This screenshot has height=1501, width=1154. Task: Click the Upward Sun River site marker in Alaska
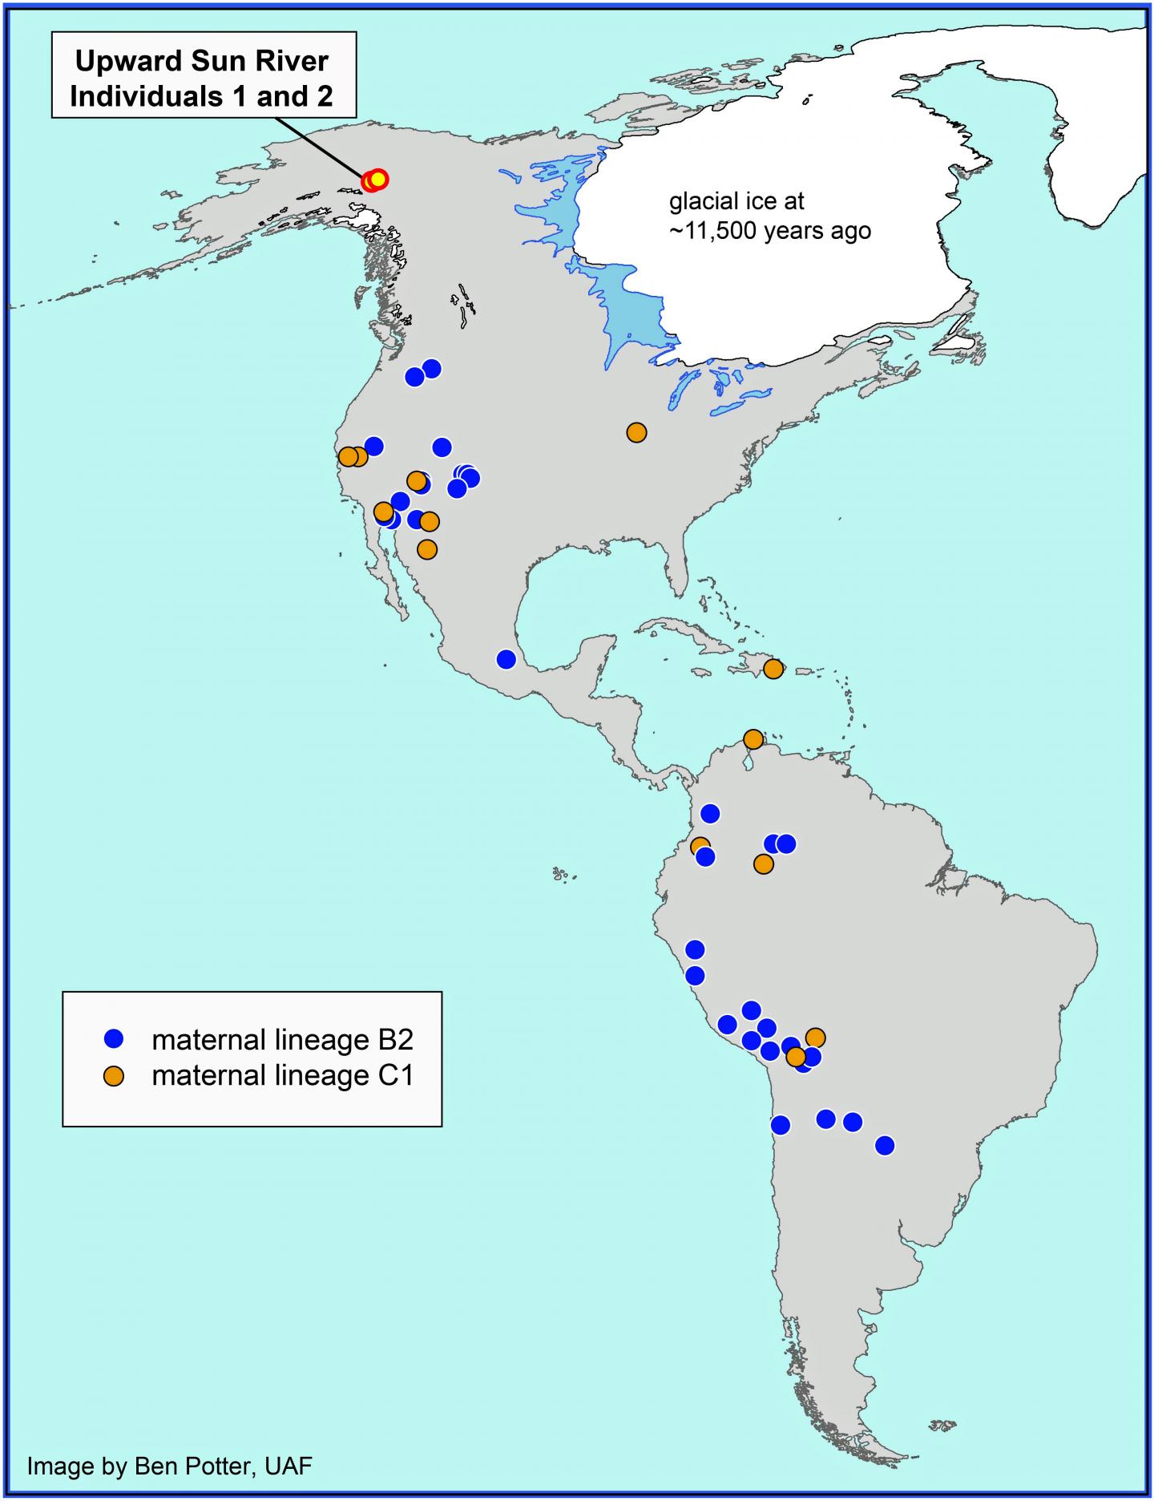375,180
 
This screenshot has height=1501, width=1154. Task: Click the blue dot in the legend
115,1039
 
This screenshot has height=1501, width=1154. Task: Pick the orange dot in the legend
115,1075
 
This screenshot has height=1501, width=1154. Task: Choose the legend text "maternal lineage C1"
282,1075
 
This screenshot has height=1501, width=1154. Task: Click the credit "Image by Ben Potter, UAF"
169,1466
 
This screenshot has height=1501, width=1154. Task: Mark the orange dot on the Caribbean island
773,669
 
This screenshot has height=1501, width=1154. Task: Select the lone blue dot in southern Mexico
506,659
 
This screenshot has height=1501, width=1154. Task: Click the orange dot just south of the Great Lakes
636,432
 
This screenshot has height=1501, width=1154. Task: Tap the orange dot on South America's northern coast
753,738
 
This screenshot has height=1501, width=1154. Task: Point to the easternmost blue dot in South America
884,1146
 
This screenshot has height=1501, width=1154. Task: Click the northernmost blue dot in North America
431,368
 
